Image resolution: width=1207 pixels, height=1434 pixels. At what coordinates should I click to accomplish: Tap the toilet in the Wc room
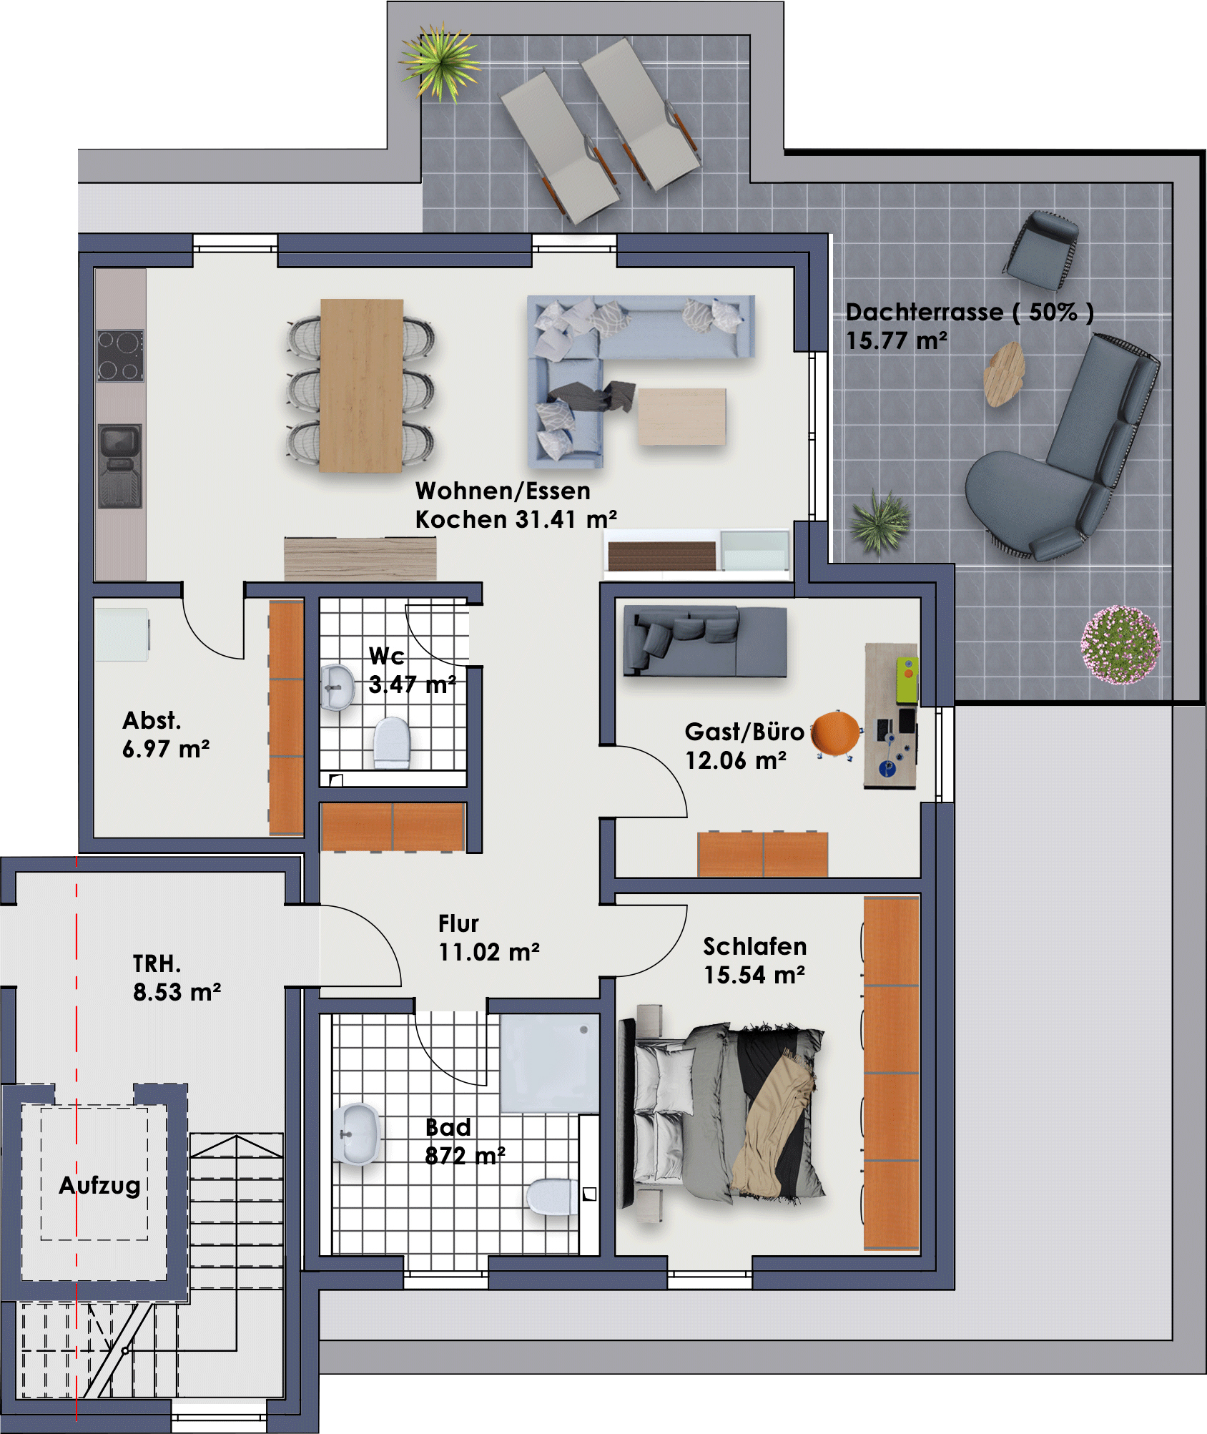coord(391,742)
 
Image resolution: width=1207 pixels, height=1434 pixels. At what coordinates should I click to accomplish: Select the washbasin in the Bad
coord(356,1134)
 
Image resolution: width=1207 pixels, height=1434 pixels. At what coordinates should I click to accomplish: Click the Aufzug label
coord(99,1185)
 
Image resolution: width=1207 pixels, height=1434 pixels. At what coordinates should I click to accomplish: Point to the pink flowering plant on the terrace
coord(1120,644)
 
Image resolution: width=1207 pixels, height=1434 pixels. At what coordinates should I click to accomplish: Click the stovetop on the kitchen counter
coord(120,355)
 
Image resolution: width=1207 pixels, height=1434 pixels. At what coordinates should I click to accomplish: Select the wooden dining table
coord(361,385)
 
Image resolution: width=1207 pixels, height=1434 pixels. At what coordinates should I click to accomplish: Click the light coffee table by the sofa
coord(681,416)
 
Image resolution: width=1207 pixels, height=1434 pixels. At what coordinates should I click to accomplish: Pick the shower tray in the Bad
coord(549,1063)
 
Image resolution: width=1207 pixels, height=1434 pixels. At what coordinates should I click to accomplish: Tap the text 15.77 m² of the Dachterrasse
coord(897,340)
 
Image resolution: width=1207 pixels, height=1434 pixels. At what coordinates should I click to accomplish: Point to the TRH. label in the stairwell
coord(157,963)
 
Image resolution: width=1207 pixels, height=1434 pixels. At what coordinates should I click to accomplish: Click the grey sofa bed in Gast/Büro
coord(705,641)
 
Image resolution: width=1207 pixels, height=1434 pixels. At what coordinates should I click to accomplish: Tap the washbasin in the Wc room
coord(337,687)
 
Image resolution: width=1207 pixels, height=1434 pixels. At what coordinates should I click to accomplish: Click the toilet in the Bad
coord(552,1196)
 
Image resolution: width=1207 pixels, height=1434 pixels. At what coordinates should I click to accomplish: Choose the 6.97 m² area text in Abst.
coord(166,749)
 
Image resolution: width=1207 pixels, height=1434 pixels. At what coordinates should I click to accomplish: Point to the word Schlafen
coord(755,946)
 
